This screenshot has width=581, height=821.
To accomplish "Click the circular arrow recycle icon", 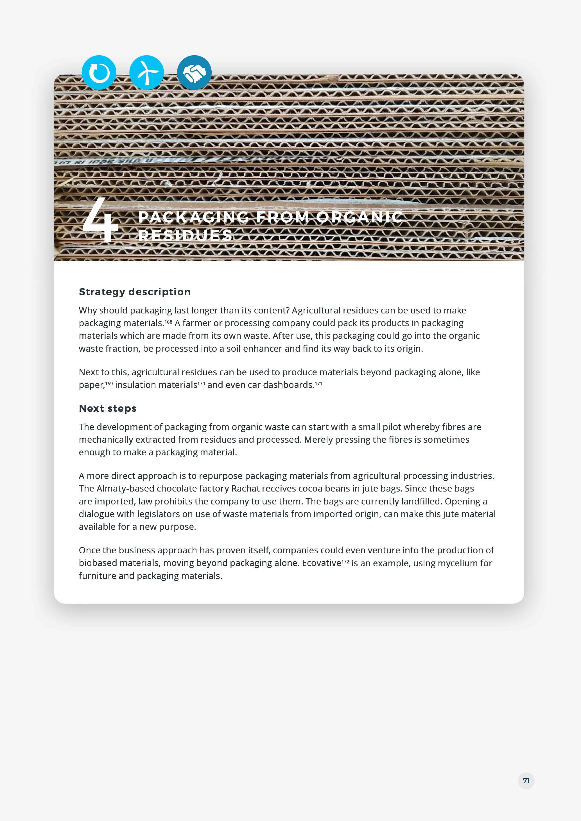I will coord(99,72).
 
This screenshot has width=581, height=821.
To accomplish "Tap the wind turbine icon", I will coord(146,72).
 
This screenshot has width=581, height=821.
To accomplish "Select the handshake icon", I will coord(194,72).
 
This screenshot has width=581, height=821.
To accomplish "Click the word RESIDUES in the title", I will coord(185,235).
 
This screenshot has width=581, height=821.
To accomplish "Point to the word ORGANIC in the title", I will coord(359,217).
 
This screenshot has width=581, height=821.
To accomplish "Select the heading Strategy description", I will coord(135,292).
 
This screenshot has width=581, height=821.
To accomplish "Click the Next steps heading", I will coord(108,408).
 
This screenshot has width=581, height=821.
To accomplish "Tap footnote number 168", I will coord(168,322).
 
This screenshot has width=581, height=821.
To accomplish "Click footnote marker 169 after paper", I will coord(109,384).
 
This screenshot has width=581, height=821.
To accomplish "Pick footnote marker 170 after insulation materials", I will coord(201,384).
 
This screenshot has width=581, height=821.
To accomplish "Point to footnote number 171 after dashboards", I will coord(318,384).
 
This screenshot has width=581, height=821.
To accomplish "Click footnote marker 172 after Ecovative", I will coord(345,562).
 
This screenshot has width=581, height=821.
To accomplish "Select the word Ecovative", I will coord(321,563).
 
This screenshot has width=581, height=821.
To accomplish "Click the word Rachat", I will coord(245,488).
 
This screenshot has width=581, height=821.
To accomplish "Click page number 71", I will coord(526,781).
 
